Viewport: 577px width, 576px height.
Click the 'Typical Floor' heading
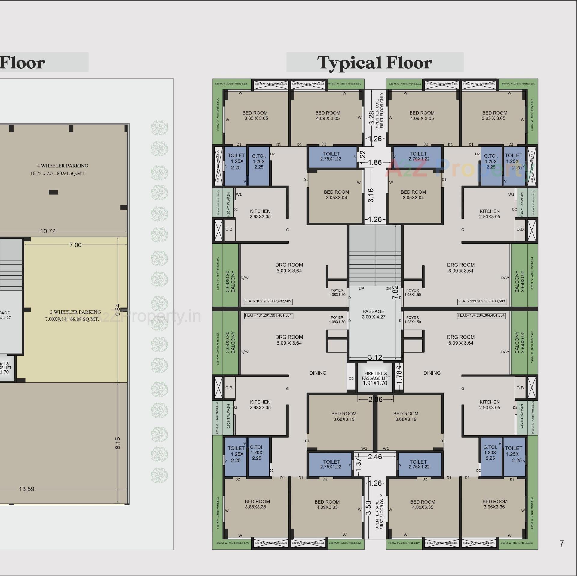click(x=374, y=62)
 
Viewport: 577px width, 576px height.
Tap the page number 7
click(x=561, y=543)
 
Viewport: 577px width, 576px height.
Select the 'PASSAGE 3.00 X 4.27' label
click(x=374, y=314)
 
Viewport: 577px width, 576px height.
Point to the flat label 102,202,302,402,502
click(x=268, y=301)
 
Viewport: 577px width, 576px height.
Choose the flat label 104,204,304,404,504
click(x=481, y=315)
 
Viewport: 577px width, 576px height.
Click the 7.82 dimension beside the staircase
click(x=396, y=292)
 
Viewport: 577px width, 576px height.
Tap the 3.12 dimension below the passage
click(x=375, y=357)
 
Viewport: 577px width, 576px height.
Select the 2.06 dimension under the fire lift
click(x=375, y=399)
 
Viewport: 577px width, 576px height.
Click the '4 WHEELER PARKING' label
click(x=63, y=166)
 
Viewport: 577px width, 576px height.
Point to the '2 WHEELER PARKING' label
click(x=75, y=312)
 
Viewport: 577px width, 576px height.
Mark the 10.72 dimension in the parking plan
click(x=48, y=231)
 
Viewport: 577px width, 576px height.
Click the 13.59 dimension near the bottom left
click(x=26, y=489)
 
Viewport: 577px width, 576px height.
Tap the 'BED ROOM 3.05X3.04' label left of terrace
click(x=336, y=195)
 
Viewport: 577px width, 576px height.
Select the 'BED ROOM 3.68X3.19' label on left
click(x=344, y=416)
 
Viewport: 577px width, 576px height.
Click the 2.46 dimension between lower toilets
click(x=375, y=457)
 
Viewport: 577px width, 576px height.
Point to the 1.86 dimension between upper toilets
click(x=375, y=162)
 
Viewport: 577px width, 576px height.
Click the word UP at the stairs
click(x=361, y=289)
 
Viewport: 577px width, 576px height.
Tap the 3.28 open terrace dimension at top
click(x=372, y=118)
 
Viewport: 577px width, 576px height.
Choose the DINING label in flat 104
click(x=432, y=373)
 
